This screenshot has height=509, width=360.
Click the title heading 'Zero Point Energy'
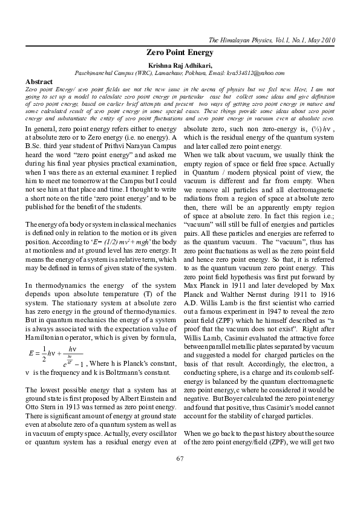(180, 53)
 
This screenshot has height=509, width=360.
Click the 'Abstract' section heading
(39, 81)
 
